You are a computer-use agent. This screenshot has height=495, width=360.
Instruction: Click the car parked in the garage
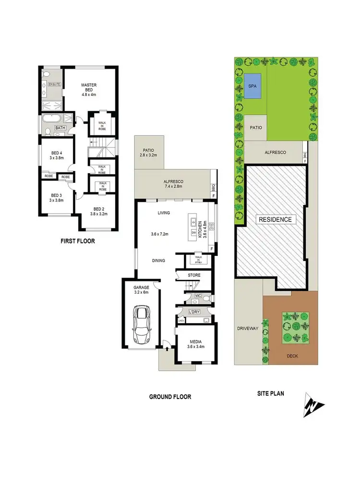coord(142,325)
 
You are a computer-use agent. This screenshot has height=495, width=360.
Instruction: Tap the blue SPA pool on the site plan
coord(252,86)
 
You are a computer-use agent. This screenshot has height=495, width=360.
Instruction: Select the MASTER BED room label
coord(89,85)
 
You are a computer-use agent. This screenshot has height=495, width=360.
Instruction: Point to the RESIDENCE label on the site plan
coord(275,219)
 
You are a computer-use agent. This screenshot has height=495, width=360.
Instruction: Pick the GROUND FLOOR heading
coord(170,397)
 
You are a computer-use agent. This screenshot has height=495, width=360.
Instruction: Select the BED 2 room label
coord(98,209)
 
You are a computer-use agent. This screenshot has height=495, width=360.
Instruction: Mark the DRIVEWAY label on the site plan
coord(248,328)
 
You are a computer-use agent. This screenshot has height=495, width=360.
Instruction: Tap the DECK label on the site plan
coord(293,356)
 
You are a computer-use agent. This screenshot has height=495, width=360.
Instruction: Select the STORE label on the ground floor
coord(194,275)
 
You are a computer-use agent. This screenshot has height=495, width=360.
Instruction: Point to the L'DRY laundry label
coord(194,312)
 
